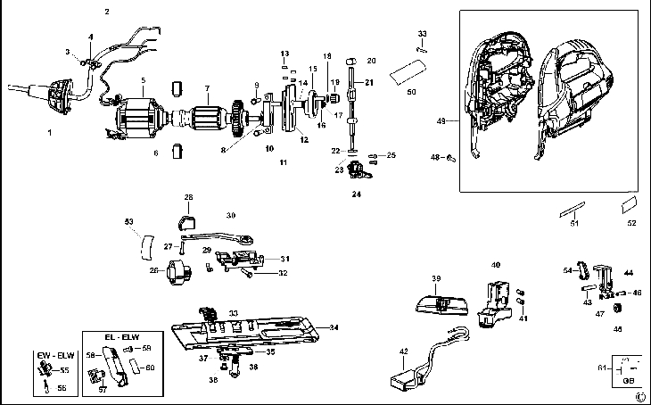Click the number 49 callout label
(x=441, y=120)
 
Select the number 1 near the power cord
(x=50, y=132)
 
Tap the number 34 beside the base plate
(x=334, y=327)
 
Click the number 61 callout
(x=602, y=368)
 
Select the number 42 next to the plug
(x=404, y=351)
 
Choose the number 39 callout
(x=436, y=278)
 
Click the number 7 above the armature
(x=207, y=87)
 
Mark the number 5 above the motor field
(x=143, y=79)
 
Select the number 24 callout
(x=356, y=194)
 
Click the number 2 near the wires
(x=107, y=12)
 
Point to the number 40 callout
(x=496, y=264)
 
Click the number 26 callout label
(x=153, y=270)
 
